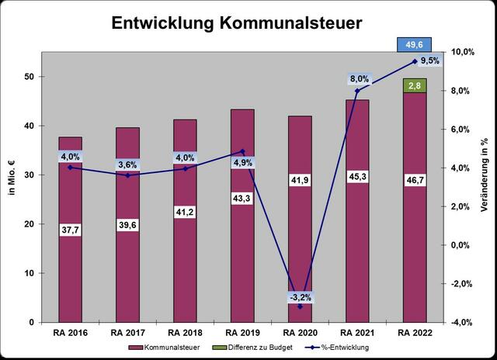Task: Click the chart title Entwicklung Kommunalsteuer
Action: click(x=235, y=23)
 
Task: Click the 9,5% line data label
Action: click(x=429, y=60)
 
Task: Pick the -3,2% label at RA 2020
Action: click(x=301, y=296)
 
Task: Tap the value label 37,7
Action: click(x=71, y=228)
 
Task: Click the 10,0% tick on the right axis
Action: click(x=463, y=52)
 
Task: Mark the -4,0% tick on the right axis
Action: click(x=463, y=322)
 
